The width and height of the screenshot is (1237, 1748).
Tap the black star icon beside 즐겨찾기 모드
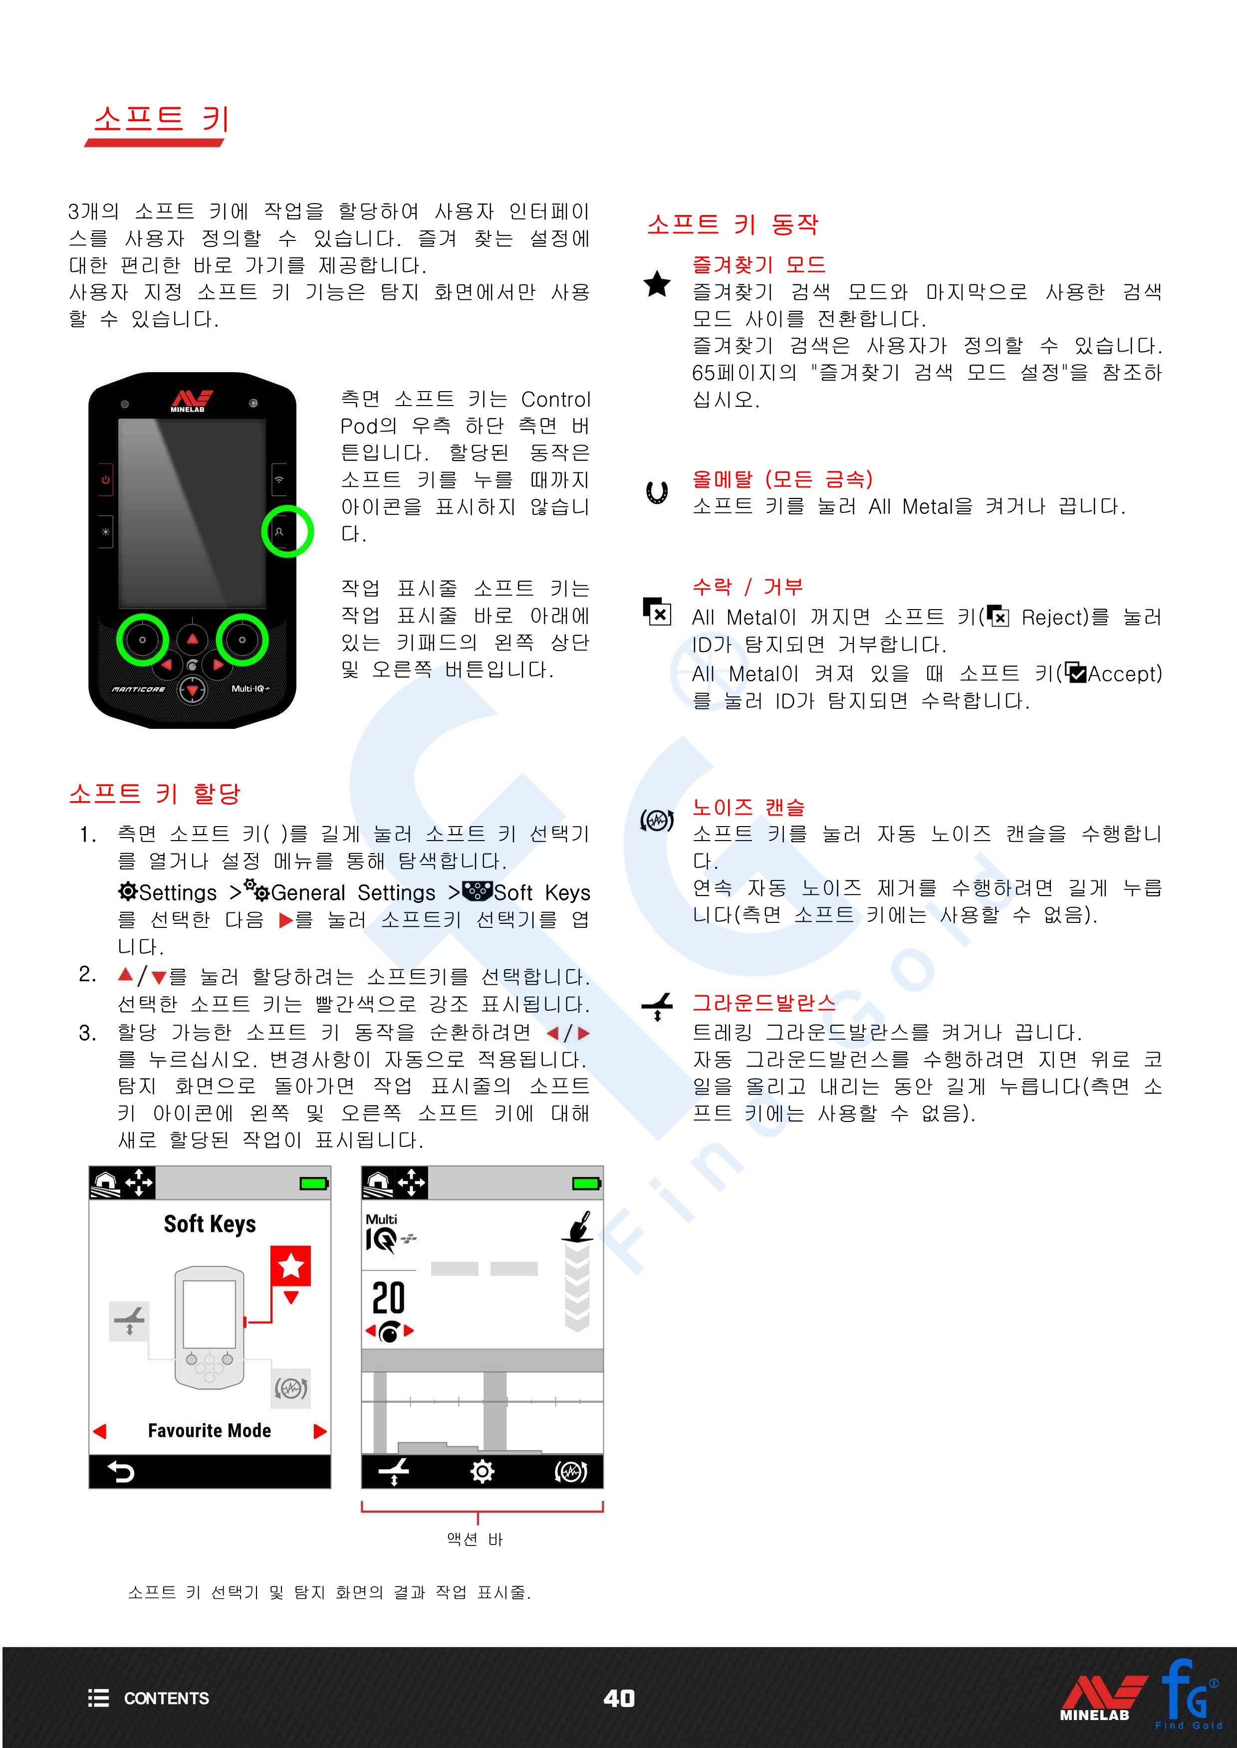pyautogui.click(x=657, y=285)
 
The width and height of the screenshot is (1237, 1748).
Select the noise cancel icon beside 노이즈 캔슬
pyautogui.click(x=657, y=820)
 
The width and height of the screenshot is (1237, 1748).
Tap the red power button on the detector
pyautogui.click(x=105, y=479)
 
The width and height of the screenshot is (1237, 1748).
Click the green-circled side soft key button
pyautogui.click(x=279, y=531)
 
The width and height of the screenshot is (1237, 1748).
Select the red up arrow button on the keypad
pyautogui.click(x=193, y=639)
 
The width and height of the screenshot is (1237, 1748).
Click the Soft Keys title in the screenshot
pyautogui.click(x=210, y=1224)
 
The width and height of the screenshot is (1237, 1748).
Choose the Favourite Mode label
pyautogui.click(x=210, y=1431)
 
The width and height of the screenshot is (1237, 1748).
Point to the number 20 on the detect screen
pyautogui.click(x=388, y=1298)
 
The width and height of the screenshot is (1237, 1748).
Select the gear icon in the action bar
pyautogui.click(x=482, y=1472)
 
